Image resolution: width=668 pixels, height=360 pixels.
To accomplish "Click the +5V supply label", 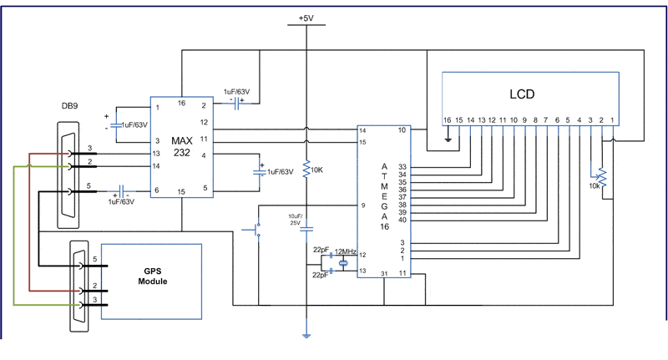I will click(x=306, y=18).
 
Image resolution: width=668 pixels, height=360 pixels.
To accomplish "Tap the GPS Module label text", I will click(x=152, y=276).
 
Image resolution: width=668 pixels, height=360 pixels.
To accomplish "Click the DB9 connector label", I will click(x=71, y=107).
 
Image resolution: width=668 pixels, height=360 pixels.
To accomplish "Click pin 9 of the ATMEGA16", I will click(x=363, y=205).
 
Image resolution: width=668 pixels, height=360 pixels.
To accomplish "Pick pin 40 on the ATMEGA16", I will click(x=402, y=220).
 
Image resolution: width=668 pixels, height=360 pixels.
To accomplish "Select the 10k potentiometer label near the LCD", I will click(x=593, y=185).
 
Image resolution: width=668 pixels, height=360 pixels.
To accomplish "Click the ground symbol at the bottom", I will click(x=306, y=336).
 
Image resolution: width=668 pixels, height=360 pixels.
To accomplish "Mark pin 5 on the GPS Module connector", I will click(x=95, y=260).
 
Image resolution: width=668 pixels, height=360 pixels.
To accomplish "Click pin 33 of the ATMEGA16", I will click(x=402, y=166).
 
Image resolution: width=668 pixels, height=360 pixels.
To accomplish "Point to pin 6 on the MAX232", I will click(x=155, y=191).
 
